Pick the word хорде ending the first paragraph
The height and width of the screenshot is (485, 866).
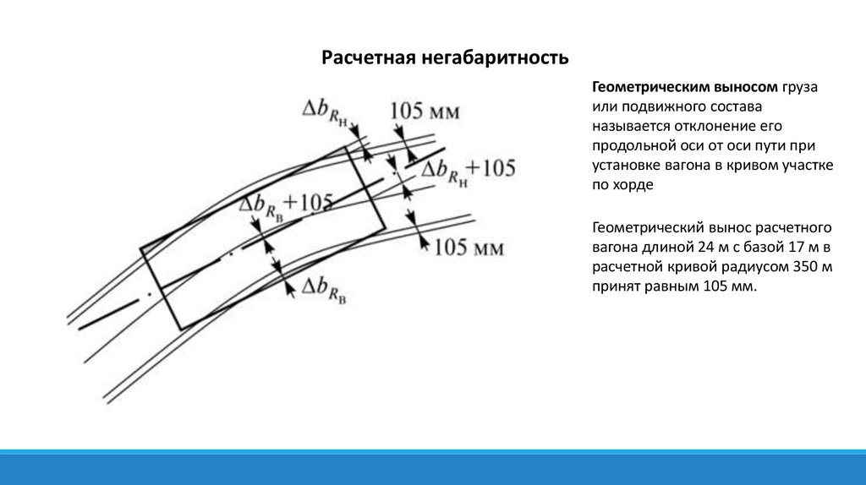[x=633, y=186]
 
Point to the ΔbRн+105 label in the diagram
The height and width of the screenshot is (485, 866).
[x=468, y=170]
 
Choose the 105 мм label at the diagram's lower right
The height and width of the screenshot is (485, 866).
[x=469, y=248]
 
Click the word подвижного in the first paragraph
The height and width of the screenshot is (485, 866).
[x=661, y=108]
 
